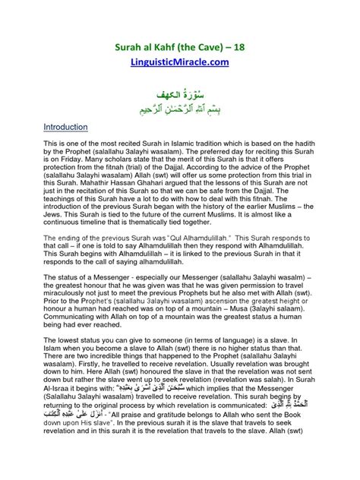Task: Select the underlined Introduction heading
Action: click(x=68, y=127)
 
